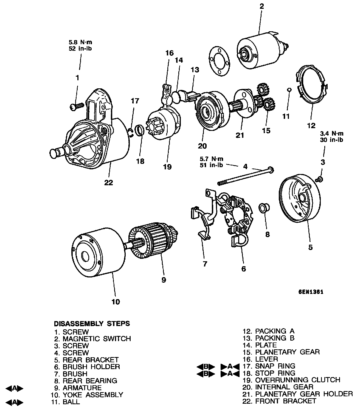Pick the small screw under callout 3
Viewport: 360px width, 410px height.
pyautogui.click(x=319, y=179)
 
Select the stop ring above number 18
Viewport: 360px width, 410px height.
pyautogui.click(x=140, y=130)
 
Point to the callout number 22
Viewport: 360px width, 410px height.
pyautogui.click(x=109, y=182)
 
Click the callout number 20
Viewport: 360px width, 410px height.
pyautogui.click(x=202, y=146)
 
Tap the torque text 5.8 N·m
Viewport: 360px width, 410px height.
pyautogui.click(x=80, y=43)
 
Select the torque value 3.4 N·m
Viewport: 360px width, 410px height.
pyautogui.click(x=332, y=134)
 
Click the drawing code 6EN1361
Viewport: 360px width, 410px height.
pyautogui.click(x=311, y=292)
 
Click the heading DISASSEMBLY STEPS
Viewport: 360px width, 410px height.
pyautogui.click(x=92, y=324)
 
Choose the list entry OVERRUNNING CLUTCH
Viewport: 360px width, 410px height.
pyautogui.click(x=298, y=380)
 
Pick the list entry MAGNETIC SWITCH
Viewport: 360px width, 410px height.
pyautogui.click(x=97, y=339)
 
